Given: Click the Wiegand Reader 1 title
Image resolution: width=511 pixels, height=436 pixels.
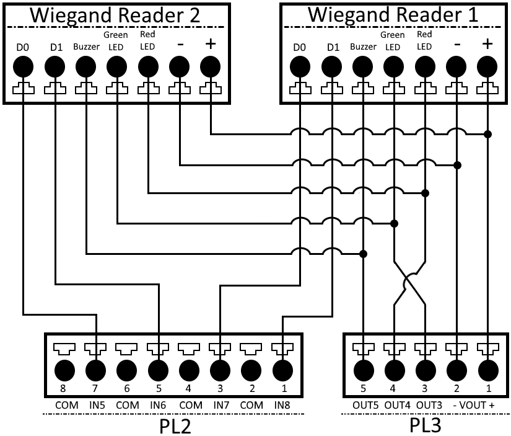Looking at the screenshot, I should point(393,16).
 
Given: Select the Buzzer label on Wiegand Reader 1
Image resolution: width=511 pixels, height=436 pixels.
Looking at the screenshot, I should point(363,47).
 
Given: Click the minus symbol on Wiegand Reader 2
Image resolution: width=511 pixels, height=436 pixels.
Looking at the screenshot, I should point(179,45).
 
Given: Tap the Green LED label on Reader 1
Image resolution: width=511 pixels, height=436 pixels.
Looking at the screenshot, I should point(393,41).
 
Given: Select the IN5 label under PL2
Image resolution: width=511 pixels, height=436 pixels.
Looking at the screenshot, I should point(96,404).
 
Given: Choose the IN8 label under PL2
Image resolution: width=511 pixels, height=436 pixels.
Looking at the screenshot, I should point(282,404).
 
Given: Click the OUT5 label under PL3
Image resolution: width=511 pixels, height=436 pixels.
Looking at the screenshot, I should point(364,404).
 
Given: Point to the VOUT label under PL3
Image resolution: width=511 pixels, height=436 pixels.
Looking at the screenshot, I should point(472,404).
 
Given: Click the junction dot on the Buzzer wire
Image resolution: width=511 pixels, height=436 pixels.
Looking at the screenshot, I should point(364,254).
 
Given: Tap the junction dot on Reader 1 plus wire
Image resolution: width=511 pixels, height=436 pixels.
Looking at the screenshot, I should point(488,134).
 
